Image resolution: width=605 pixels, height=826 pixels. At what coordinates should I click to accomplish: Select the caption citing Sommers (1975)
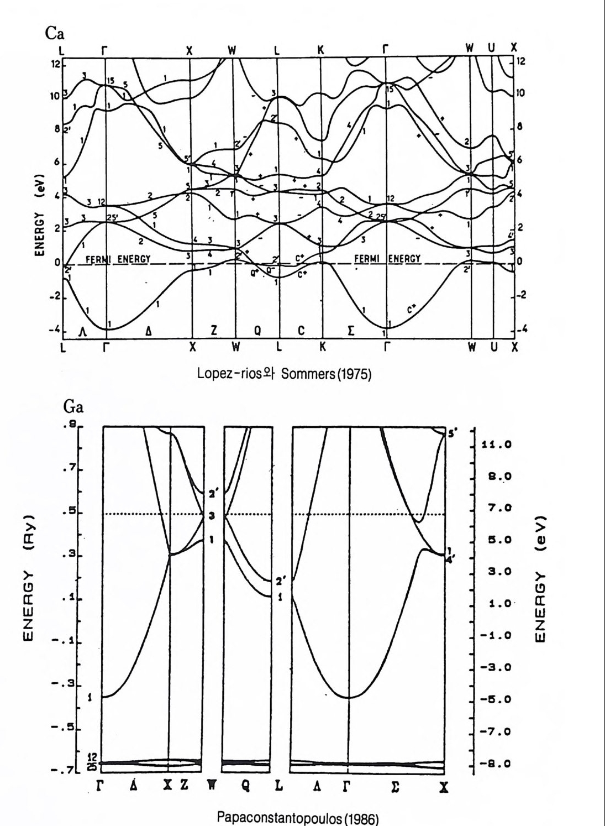pyautogui.click(x=285, y=374)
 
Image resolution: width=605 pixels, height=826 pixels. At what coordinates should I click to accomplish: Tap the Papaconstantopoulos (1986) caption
pyautogui.click(x=299, y=818)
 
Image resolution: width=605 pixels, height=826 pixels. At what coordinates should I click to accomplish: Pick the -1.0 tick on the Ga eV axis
pyautogui.click(x=496, y=636)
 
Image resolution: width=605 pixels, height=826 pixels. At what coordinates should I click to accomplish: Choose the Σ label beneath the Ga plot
pyautogui.click(x=395, y=786)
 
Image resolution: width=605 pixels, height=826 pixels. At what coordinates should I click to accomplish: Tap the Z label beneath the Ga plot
pyautogui.click(x=184, y=786)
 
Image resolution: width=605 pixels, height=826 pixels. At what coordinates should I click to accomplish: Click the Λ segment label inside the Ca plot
pyautogui.click(x=83, y=331)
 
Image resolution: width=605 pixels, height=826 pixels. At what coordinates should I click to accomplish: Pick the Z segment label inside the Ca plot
pyautogui.click(x=213, y=330)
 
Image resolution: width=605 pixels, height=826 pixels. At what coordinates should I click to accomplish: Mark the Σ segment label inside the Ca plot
pyautogui.click(x=351, y=331)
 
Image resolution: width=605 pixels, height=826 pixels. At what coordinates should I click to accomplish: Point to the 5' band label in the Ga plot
pyautogui.click(x=451, y=435)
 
